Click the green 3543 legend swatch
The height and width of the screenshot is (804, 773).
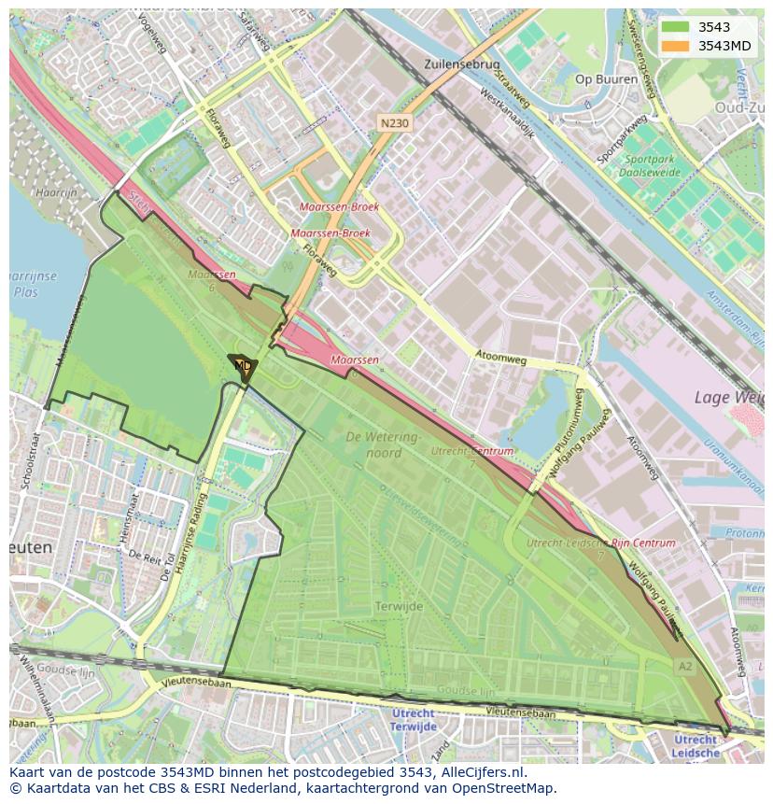point(675,27)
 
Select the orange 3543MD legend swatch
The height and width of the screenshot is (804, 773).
point(675,46)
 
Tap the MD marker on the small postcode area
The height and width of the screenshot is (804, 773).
point(243,365)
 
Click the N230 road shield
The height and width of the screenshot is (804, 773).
point(394,122)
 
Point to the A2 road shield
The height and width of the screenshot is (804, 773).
point(685,666)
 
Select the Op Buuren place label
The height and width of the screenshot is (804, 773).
point(607,79)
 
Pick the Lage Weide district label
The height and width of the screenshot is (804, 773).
point(728,398)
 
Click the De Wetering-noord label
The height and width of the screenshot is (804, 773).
point(384,444)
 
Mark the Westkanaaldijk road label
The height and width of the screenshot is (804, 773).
point(506,114)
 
